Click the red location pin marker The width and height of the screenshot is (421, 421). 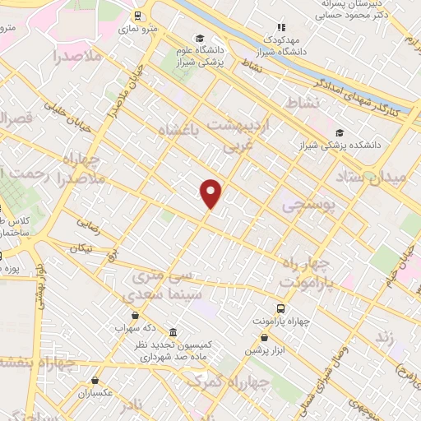click(x=211, y=193)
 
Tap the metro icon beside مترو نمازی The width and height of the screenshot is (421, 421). click(x=137, y=15)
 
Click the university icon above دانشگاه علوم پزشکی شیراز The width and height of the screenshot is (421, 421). click(x=200, y=39)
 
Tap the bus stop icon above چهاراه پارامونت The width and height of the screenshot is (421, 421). click(x=281, y=308)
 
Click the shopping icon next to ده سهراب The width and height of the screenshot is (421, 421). click(x=136, y=315)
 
